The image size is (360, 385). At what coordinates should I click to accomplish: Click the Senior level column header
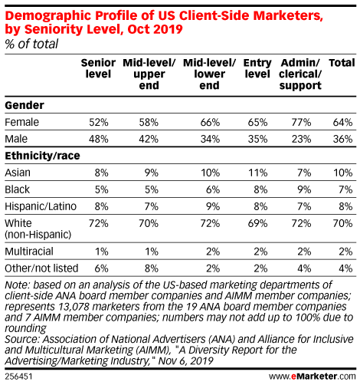[98, 68]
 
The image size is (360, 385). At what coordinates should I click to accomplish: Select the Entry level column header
[257, 68]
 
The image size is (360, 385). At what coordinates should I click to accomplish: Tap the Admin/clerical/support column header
[300, 74]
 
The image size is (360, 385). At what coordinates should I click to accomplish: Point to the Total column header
[342, 63]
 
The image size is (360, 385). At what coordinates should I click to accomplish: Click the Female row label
[22, 122]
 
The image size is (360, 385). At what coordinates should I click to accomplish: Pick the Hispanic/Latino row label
[41, 206]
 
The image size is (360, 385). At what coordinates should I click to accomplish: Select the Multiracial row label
[29, 252]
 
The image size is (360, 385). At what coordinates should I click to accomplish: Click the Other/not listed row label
[41, 268]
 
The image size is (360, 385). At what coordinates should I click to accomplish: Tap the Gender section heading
[25, 105]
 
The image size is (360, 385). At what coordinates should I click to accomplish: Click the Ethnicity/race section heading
[42, 156]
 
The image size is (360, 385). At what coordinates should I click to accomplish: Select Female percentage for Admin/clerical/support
[302, 122]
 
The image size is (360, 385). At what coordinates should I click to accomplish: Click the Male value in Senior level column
[99, 139]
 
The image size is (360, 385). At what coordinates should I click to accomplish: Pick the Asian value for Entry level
[258, 173]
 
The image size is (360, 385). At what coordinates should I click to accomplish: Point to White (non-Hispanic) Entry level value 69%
[258, 223]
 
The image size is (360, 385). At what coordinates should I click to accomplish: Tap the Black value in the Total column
[345, 189]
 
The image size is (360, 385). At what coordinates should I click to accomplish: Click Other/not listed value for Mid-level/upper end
[152, 268]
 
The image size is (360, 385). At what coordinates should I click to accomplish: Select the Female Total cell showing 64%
[343, 122]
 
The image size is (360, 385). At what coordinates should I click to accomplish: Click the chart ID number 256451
[18, 377]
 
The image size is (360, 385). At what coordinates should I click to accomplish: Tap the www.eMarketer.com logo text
[312, 377]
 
